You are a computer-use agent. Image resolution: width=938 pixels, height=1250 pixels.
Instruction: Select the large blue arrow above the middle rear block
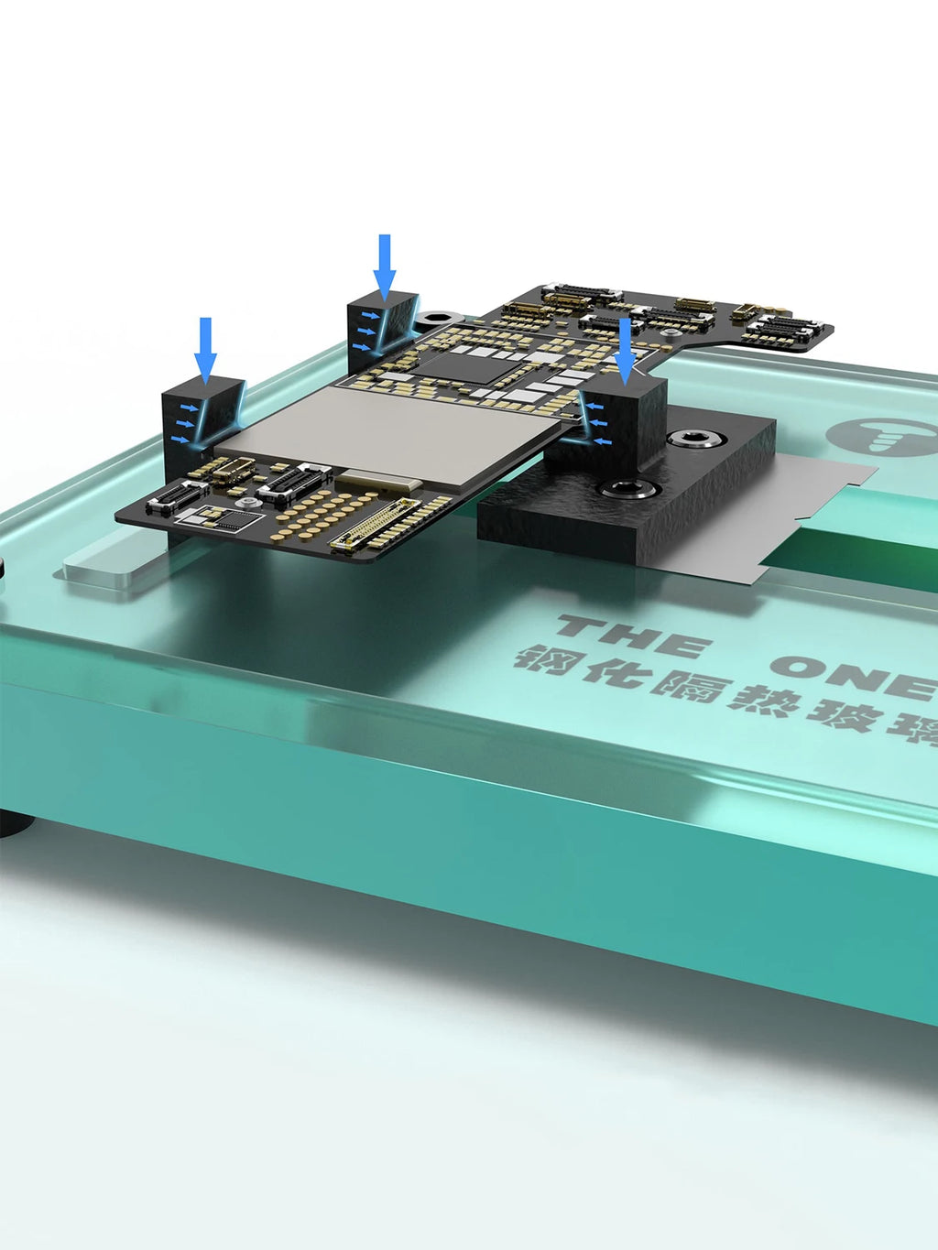pyautogui.click(x=385, y=266)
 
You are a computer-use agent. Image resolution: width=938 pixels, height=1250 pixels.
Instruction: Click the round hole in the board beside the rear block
pyautogui.click(x=438, y=317)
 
